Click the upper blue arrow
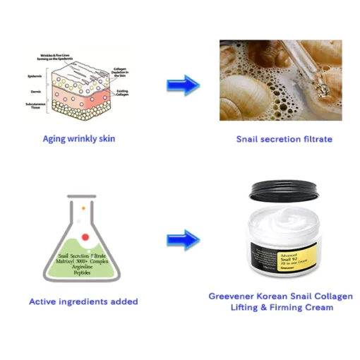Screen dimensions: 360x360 pos(182,85)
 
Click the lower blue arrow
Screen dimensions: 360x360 pos(182,239)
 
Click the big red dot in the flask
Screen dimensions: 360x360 pos(85,236)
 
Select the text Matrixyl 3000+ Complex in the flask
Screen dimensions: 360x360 pos(83,261)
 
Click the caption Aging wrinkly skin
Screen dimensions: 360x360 pos(78,138)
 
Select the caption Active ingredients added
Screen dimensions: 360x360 pos(83,301)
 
